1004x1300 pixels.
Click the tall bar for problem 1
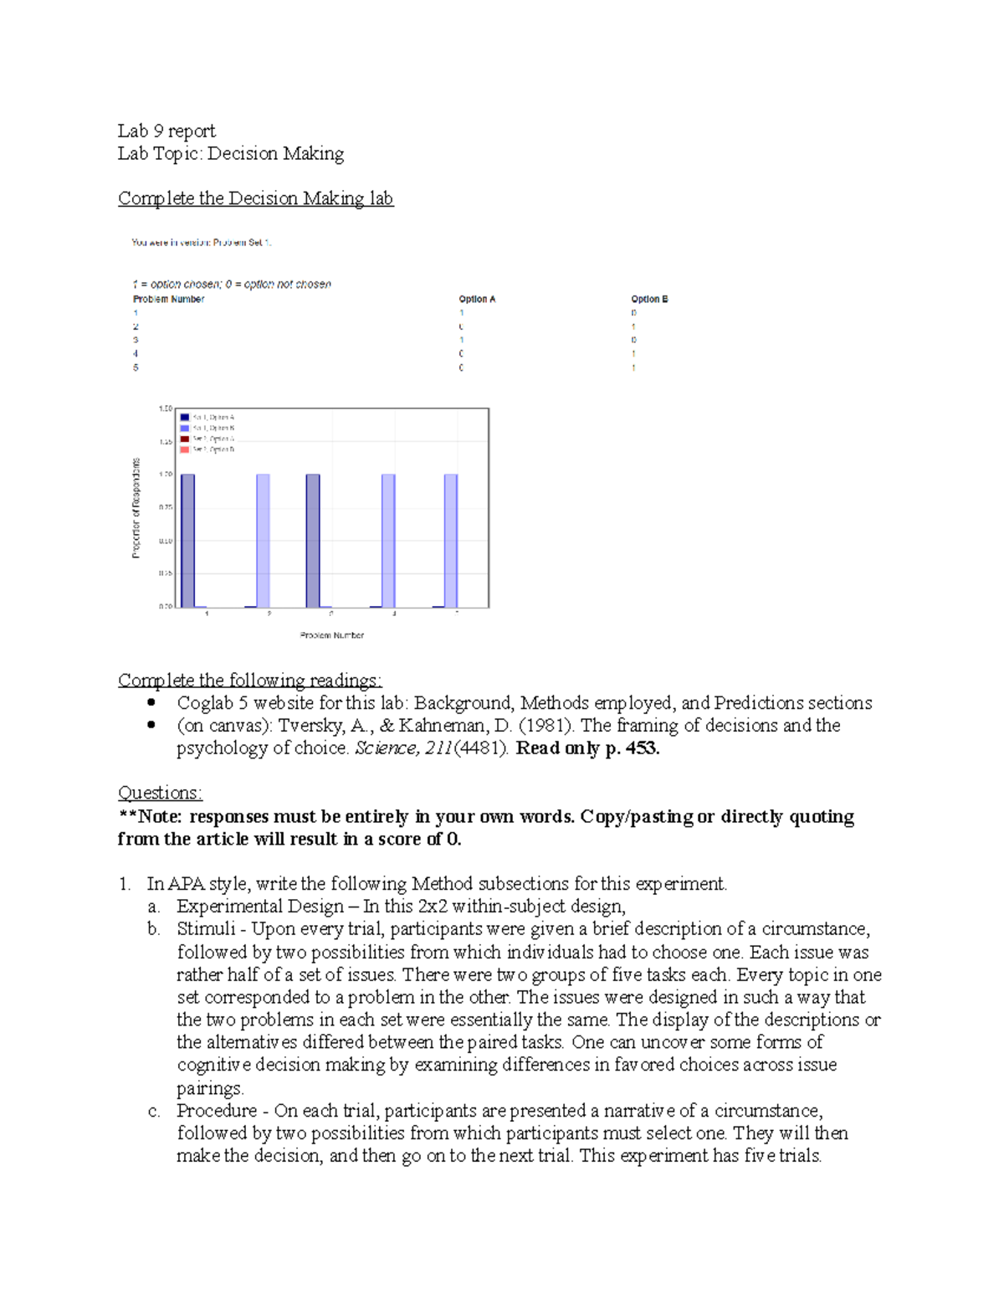pos(187,540)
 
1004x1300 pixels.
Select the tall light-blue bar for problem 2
pos(263,540)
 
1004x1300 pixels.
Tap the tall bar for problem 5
pos(451,540)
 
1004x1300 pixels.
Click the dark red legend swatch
pos(185,439)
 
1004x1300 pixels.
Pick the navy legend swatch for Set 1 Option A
pos(185,417)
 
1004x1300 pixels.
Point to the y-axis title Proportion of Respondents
pos(136,508)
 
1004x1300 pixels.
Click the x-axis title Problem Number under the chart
pos(331,635)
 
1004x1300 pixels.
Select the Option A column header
pos(477,299)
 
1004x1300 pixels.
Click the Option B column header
pos(649,299)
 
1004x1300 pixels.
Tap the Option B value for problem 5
pos(633,367)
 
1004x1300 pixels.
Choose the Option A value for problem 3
pos(461,340)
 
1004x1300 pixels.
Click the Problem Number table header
pos(168,299)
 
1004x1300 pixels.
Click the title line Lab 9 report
pos(166,131)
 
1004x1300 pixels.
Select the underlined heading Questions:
pos(160,793)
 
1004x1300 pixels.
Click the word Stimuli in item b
pos(206,929)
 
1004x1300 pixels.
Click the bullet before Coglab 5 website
pos(151,702)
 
